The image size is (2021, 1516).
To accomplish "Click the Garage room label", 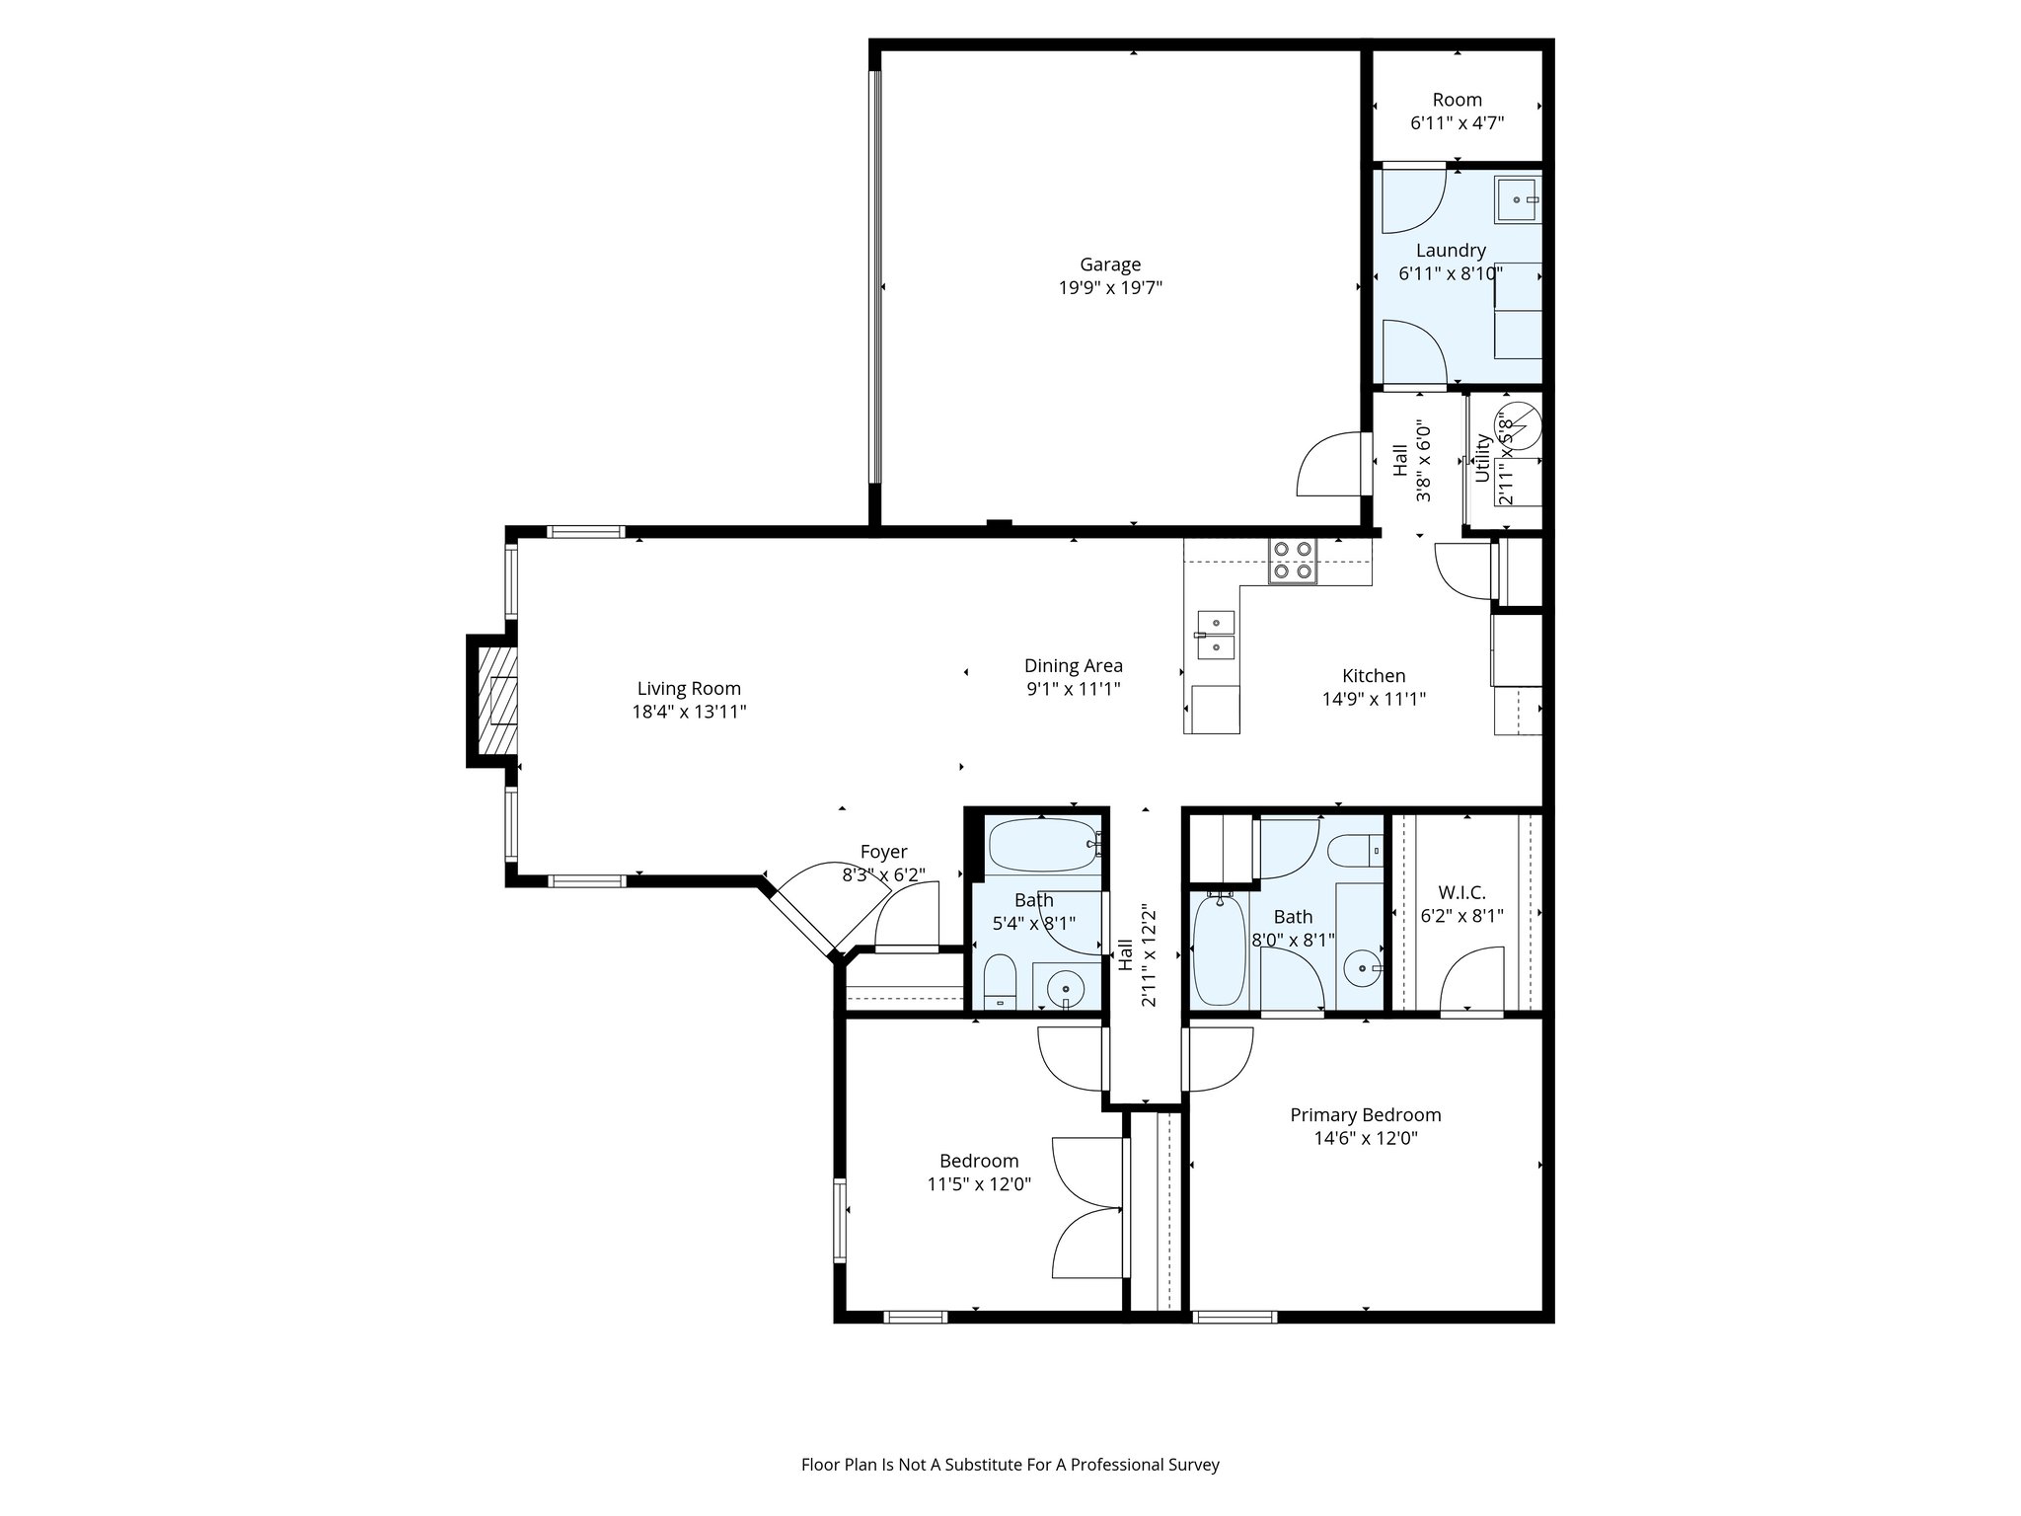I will pos(1109,265).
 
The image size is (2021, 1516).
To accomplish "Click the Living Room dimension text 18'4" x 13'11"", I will pos(689,712).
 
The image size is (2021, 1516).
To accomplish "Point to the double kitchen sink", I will pos(1215,635).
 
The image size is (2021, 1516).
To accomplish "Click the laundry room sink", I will pos(1517,199).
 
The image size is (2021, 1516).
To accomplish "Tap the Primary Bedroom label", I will pos(1365,1114).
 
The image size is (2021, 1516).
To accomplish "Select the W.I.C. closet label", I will pos(1461,892).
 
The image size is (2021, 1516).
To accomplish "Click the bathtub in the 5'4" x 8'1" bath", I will pos(1043,845).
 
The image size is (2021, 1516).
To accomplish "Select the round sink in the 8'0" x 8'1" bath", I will pos(1363,969).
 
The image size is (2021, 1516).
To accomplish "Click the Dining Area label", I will pos(1073,665).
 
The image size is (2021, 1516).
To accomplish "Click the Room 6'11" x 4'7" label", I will pos(1457,100).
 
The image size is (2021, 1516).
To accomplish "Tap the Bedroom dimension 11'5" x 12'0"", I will pos(979,1184).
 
